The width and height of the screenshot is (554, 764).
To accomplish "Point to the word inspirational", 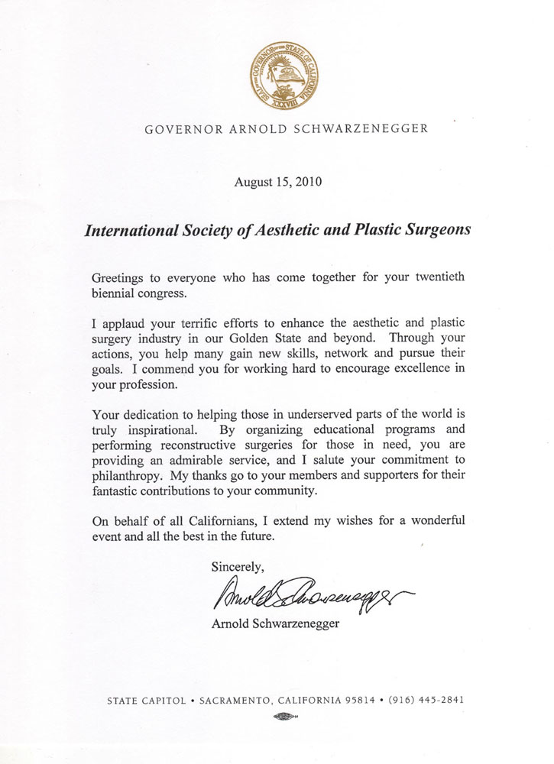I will (150, 433).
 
